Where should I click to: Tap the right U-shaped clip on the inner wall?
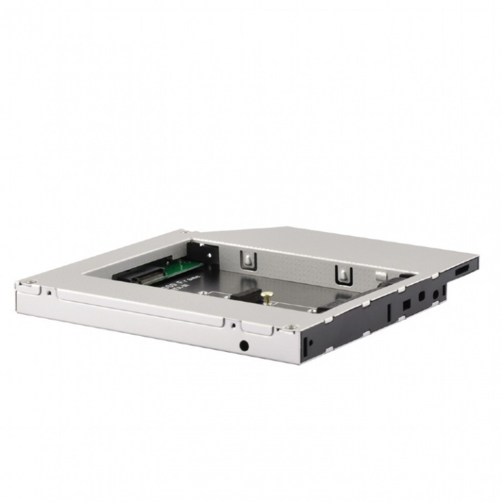pos(343,273)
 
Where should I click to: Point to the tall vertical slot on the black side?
pos(389,313)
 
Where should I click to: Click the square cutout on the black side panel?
pos(406,305)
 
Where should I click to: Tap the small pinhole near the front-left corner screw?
pos(49,292)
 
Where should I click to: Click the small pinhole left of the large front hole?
pos(232,325)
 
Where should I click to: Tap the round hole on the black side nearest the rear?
pos(434,295)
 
